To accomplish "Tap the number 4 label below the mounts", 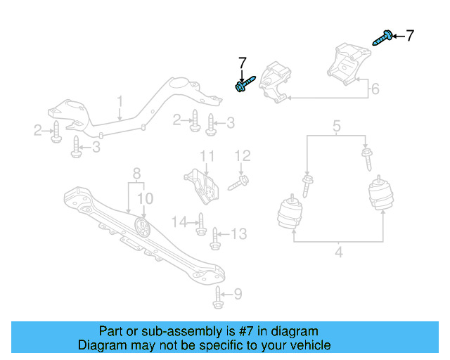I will coord(338,250).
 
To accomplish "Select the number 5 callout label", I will coord(336,127).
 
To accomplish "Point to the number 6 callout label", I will coord(375,89).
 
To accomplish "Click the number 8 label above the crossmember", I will coord(136,172).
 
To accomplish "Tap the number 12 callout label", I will coord(242,155).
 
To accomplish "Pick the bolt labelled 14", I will coord(200,224).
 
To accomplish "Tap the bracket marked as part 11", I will coord(200,184).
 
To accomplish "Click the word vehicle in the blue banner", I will coord(308,345).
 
